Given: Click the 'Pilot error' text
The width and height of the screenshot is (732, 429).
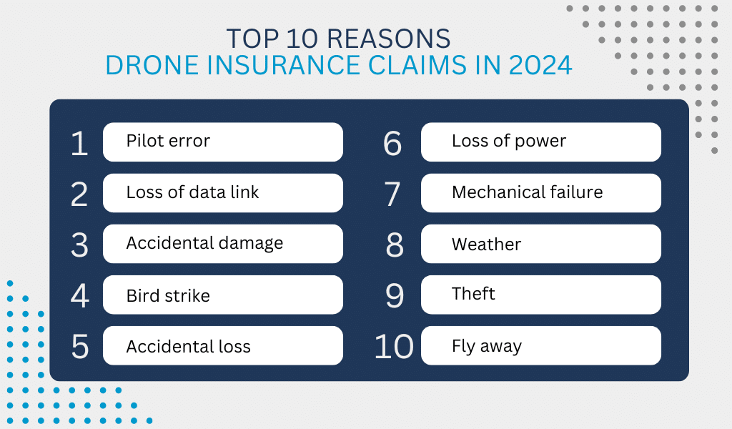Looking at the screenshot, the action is tap(168, 141).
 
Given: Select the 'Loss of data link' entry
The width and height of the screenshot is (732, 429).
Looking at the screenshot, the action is tap(192, 192).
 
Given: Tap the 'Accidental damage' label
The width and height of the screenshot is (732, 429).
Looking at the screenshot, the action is tap(204, 244).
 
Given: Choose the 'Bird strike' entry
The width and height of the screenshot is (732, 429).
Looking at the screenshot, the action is tap(168, 295).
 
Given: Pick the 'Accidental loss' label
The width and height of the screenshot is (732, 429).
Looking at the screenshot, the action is tap(189, 346).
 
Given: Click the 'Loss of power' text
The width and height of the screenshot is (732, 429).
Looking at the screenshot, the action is tap(509, 142).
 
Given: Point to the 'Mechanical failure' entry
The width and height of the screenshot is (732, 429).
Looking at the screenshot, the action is tap(527, 192).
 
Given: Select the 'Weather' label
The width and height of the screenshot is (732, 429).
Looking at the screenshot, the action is tap(486, 244).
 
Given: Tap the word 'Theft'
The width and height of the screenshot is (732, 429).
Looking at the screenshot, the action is tap(473, 294).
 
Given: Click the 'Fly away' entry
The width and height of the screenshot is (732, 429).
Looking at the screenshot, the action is tap(486, 346).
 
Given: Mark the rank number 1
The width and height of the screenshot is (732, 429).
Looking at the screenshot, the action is tap(79, 143).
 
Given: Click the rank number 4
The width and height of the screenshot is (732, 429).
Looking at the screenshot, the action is tap(80, 296).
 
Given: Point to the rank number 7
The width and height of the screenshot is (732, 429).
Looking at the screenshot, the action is tap(392, 194).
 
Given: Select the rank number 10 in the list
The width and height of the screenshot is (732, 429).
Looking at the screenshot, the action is tap(394, 347).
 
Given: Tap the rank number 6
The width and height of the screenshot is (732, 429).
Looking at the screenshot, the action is tap(392, 143).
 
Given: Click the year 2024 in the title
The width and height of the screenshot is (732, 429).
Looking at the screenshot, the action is tap(540, 65).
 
